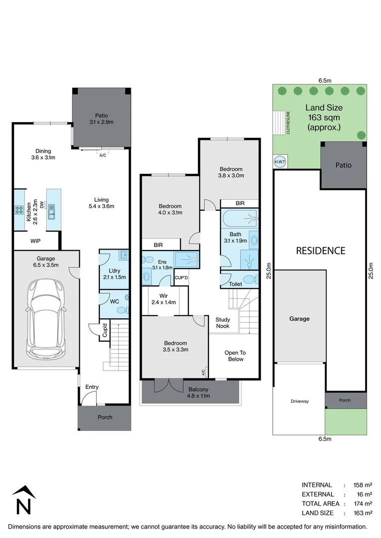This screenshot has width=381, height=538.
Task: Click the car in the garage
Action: point(45,319)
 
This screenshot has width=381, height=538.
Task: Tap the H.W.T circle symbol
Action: point(279,161)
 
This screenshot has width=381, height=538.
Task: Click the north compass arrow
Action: point(21,499)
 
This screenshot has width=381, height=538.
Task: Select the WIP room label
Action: point(35,241)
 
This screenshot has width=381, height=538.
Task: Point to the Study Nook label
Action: point(222,323)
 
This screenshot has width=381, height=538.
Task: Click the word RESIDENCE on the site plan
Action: point(320,251)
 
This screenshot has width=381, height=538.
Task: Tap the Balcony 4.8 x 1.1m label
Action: point(199,393)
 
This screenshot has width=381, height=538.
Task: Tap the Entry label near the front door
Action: point(92,387)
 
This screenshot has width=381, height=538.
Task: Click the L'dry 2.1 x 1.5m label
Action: point(118,273)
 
